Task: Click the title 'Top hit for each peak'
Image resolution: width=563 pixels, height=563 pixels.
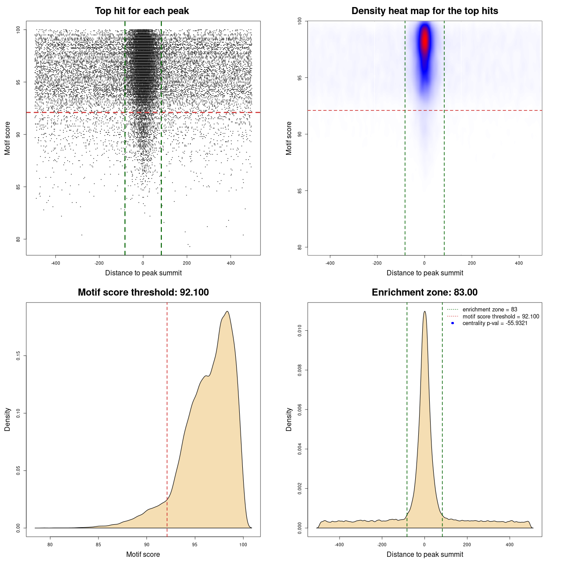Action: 142,11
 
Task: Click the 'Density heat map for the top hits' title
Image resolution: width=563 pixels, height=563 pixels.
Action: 424,11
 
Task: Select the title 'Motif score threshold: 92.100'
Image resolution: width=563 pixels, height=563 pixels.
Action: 143,292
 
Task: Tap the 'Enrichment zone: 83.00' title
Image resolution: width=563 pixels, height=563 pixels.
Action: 424,292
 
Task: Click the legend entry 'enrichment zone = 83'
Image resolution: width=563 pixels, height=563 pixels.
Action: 490,310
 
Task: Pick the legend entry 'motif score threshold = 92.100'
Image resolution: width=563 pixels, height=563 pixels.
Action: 501,316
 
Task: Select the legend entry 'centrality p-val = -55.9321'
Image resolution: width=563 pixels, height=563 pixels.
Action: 495,323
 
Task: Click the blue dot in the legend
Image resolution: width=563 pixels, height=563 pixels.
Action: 453,323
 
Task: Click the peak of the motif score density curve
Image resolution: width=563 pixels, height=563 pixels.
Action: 227,312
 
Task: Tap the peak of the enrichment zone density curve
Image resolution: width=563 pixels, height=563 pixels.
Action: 424,311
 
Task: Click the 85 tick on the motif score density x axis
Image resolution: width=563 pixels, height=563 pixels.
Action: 99,545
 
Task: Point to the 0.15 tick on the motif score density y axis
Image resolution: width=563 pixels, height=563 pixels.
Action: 18,355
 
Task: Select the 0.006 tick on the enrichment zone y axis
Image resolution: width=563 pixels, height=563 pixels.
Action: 300,409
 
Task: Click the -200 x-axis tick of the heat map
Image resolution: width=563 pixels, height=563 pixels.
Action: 377,263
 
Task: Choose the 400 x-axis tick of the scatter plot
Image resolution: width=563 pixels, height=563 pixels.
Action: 230,263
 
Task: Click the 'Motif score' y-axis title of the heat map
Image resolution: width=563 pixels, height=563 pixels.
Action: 289,138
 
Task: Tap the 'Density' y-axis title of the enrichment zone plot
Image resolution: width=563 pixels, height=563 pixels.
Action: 289,419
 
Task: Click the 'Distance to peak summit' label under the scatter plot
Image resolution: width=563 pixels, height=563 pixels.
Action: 143,273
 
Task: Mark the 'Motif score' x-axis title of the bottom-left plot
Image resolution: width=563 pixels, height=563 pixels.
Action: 143,554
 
